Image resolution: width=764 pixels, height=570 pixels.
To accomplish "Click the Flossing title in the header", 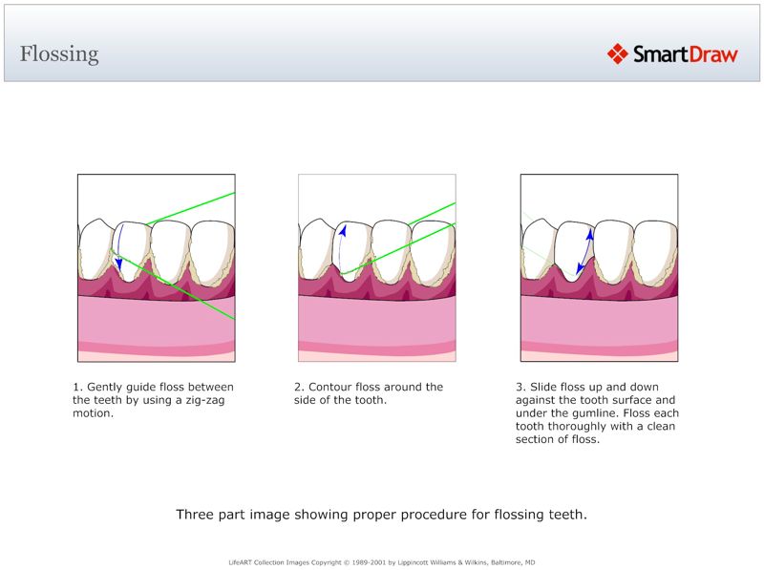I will click(59, 53).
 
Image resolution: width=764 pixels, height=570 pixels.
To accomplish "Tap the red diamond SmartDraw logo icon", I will click(617, 53).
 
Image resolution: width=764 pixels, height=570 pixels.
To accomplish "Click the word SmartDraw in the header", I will click(685, 54).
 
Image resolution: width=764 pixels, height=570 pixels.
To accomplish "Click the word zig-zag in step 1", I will click(198, 400).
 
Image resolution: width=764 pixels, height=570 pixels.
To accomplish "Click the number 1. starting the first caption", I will click(77, 387).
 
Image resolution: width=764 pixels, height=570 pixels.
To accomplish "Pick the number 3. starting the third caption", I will click(520, 387).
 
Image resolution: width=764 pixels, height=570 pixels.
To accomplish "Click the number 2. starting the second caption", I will click(299, 387).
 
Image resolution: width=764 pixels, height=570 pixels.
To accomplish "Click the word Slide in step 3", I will click(545, 387).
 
